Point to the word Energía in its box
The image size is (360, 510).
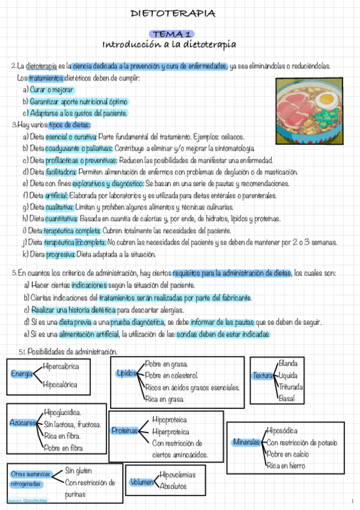tap(22, 374)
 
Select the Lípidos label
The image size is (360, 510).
tap(127, 373)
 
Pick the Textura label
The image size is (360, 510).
tap(263, 376)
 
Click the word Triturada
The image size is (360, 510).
tap(291, 386)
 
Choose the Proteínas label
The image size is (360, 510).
tap(125, 431)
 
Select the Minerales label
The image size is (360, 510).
tap(245, 443)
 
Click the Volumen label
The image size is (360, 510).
tap(142, 482)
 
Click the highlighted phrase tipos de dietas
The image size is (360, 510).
tap(69, 124)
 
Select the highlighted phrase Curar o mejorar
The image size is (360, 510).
tap(52, 90)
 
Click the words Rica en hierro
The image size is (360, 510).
tap(286, 465)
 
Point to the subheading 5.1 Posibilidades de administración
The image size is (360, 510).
tap(68, 351)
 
